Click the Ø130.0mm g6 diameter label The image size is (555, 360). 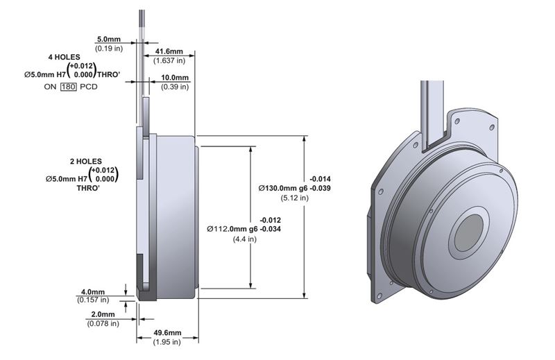(x=285, y=188)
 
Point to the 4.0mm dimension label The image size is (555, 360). (x=92, y=291)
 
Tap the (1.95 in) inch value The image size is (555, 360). (x=166, y=342)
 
